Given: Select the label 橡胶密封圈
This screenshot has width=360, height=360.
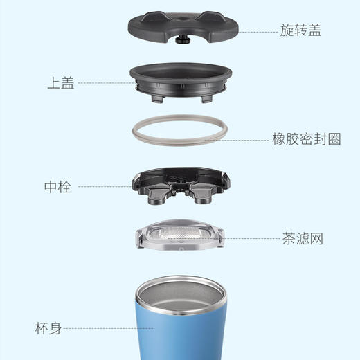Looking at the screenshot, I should click(306, 139).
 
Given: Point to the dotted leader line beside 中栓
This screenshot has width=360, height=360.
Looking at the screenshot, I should click(104, 186).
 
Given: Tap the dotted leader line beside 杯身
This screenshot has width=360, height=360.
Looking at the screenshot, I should click(104, 328).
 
